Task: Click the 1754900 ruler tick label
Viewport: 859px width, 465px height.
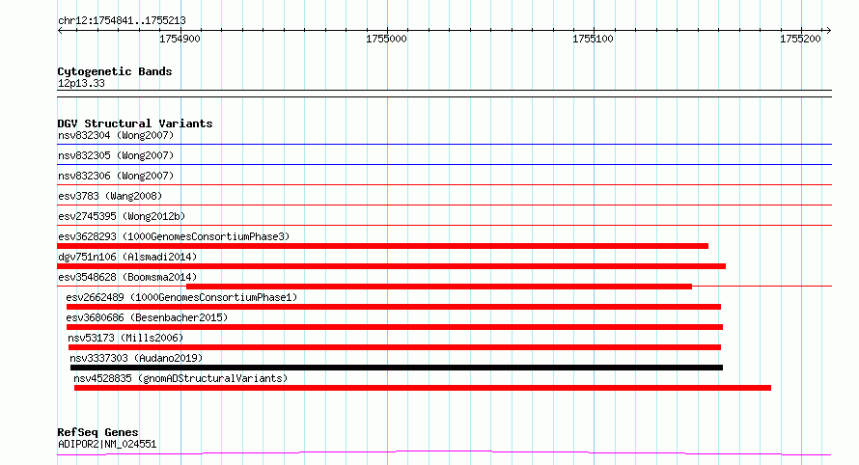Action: [180, 39]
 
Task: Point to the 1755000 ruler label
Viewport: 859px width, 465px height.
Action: [386, 39]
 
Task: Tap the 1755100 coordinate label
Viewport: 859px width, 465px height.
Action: [593, 39]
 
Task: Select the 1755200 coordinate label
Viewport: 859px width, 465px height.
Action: [800, 39]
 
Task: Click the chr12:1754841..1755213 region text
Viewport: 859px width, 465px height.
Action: [122, 21]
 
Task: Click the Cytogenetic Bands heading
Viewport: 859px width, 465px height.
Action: [115, 71]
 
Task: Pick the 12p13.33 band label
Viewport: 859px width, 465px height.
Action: [81, 83]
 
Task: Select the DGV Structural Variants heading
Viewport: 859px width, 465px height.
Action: [135, 123]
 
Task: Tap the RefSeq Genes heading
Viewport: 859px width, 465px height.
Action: [97, 432]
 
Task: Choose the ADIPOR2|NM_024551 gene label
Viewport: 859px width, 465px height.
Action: [107, 444]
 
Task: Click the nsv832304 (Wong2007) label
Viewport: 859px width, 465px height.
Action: [116, 135]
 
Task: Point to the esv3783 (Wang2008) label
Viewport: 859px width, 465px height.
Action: [110, 196]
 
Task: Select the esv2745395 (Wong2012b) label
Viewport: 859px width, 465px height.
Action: [122, 216]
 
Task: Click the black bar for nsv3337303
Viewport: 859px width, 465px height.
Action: [396, 368]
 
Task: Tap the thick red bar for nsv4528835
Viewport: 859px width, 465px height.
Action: [423, 388]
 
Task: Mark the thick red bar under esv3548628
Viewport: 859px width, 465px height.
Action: [439, 287]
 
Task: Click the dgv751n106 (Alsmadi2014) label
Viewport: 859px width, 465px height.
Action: [127, 257]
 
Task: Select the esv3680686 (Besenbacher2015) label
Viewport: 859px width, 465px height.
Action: [147, 317]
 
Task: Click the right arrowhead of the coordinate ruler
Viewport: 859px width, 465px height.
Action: [829, 31]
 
